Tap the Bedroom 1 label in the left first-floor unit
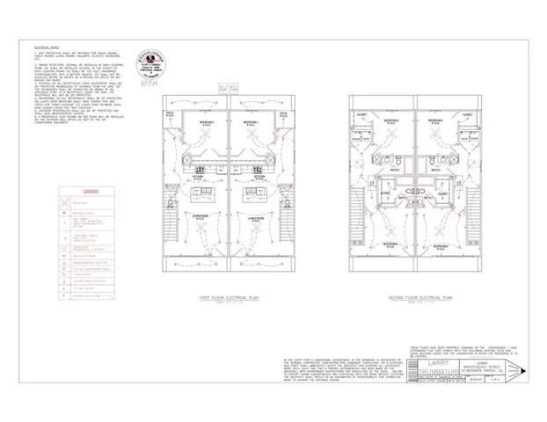click(204, 120)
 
